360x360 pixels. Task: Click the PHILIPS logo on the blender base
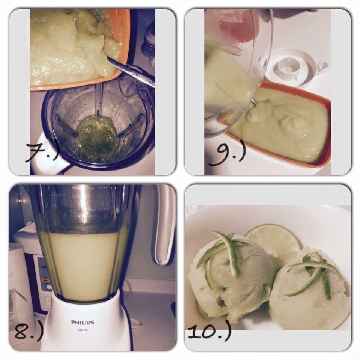coord(82,322)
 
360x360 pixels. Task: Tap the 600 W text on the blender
coord(82,330)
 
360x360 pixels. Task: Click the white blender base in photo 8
coord(85,324)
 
